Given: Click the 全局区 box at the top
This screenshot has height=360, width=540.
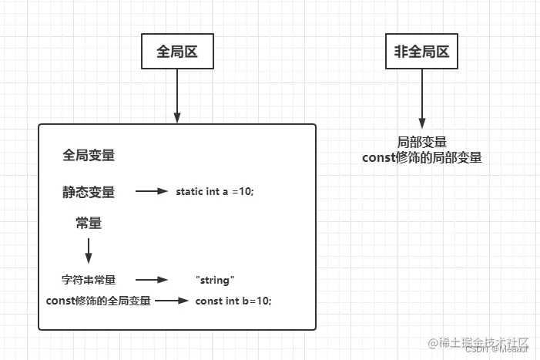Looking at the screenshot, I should point(178,52).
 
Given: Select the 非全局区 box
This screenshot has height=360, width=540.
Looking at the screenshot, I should point(422,52).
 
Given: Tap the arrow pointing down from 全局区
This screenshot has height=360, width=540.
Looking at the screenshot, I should point(178,96).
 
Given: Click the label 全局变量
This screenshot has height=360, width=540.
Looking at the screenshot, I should point(89,155).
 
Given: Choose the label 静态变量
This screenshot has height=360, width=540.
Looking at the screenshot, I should point(89,192).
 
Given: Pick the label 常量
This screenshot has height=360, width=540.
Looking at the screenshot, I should point(89,224).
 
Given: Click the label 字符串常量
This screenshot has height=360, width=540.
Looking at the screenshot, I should point(88,280).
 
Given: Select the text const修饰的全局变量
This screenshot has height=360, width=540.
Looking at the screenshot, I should point(99,300).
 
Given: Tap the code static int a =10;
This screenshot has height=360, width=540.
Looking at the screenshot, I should point(215,192).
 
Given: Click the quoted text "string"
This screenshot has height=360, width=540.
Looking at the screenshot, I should point(215,280).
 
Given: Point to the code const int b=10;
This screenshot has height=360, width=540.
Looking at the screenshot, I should point(233,300).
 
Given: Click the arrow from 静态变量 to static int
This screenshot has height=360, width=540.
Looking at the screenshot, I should point(152,192).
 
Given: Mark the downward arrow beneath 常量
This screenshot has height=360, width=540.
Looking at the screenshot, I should point(89,251).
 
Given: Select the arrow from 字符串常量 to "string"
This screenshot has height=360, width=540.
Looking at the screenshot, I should point(152,280).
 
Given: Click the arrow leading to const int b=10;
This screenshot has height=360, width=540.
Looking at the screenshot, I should point(171,300).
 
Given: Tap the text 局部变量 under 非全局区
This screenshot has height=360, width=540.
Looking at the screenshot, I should point(422,143).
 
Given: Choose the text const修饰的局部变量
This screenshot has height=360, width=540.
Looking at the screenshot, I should point(422,157).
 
